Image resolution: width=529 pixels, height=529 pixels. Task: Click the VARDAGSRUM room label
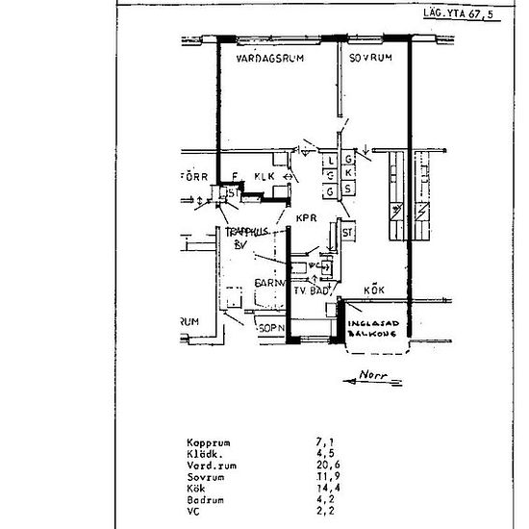(270, 59)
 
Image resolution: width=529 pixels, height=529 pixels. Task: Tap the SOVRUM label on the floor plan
(371, 59)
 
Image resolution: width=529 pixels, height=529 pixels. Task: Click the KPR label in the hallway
(307, 218)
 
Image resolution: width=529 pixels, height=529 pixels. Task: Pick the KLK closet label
(265, 176)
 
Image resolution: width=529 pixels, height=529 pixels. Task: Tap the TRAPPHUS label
(246, 232)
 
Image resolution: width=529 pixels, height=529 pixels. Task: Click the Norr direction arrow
(372, 378)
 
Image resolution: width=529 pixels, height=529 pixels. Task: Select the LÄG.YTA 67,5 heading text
(463, 16)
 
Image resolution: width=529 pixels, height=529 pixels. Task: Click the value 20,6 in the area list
(325, 465)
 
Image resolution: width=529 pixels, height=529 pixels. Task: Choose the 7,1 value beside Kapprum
(322, 443)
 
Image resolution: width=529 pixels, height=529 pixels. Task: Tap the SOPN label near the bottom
(272, 328)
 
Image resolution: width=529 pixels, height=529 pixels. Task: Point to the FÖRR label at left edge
(195, 176)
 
